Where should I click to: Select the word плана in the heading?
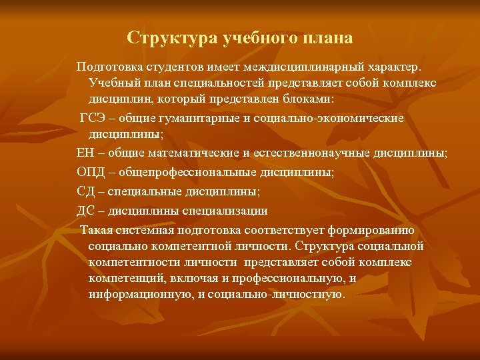[323, 38]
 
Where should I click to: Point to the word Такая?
[96, 231]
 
